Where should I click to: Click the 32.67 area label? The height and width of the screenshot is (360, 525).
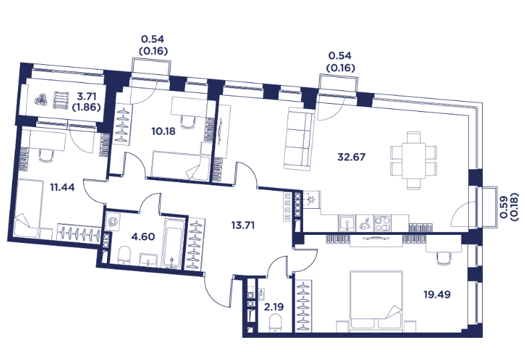click(351, 157)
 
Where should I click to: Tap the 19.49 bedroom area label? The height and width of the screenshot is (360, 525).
click(437, 294)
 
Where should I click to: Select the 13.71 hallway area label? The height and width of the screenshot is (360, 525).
click(243, 226)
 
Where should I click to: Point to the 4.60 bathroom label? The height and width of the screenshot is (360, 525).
click(143, 237)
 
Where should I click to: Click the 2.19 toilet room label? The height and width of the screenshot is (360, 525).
click(274, 306)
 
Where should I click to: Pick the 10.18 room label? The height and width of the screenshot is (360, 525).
click(163, 131)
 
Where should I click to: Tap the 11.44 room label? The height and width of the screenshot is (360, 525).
click(62, 187)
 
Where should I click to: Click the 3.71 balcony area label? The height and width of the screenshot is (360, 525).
click(87, 96)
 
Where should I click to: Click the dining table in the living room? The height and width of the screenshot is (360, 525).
click(413, 161)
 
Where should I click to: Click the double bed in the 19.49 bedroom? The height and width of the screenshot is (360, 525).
click(375, 301)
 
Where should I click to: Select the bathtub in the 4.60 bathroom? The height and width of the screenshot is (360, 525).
click(173, 243)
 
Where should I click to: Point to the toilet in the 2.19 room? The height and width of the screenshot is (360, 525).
click(276, 324)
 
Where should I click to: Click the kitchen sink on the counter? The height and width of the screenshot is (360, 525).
click(348, 223)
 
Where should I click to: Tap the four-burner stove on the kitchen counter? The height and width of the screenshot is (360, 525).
click(383, 223)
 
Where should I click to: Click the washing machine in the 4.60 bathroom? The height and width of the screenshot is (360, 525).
click(112, 221)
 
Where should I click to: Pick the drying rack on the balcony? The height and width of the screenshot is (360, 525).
click(61, 100)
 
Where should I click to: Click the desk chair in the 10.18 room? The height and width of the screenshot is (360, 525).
click(188, 122)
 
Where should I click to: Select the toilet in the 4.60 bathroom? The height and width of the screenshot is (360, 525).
click(124, 256)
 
